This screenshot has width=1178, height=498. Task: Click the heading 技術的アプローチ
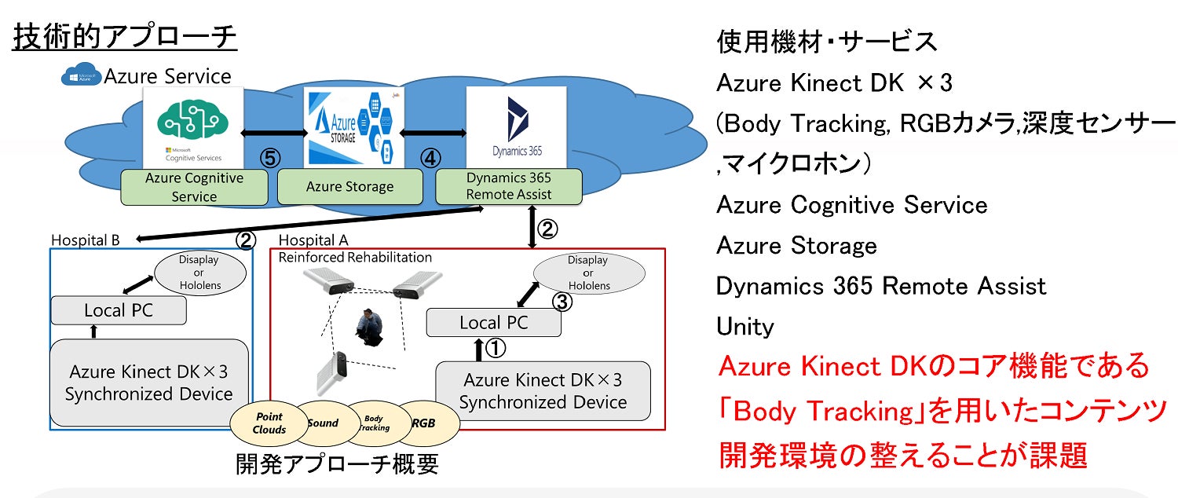125,37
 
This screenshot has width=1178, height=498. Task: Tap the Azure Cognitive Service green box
194,187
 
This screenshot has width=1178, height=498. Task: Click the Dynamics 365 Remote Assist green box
508,186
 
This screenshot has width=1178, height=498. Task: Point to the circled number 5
270,158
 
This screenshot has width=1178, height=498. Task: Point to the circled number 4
430,158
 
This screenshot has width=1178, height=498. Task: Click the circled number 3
564,302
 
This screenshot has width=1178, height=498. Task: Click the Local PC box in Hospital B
119,310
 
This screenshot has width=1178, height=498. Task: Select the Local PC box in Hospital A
493,322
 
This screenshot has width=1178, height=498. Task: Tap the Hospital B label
86,240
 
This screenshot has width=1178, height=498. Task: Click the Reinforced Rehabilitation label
356,257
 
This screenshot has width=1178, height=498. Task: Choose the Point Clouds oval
269,423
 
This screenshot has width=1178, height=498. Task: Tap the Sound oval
323,423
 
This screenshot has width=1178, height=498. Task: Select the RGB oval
424,423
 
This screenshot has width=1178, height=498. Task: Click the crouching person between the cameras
366,329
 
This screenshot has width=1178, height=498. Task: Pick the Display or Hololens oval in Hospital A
588,273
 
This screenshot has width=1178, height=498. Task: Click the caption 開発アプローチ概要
337,464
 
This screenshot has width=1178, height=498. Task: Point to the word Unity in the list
745,326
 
